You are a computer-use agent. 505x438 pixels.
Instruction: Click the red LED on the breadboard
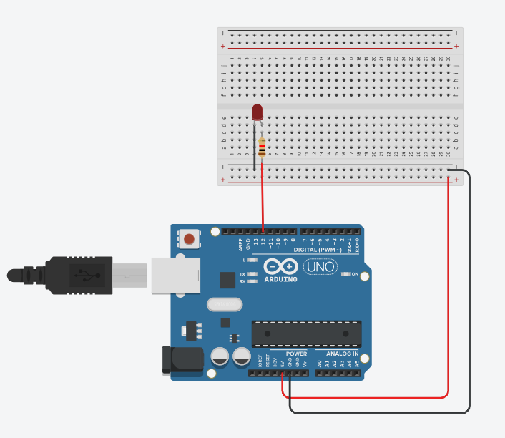click(258, 112)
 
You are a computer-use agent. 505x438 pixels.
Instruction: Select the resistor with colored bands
click(262, 148)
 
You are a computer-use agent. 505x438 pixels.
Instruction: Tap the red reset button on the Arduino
click(190, 238)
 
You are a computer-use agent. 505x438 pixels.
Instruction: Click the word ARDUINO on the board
click(280, 279)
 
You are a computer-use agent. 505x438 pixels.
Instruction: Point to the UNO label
click(320, 267)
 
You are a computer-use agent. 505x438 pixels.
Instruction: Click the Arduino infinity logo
click(280, 266)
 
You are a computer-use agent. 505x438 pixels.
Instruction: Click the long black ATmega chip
click(306, 334)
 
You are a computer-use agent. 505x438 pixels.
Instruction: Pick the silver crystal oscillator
click(222, 305)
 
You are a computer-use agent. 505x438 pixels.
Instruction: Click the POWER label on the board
click(296, 354)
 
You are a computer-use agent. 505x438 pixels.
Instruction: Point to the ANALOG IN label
click(342, 354)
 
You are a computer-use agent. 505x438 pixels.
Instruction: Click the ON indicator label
click(354, 274)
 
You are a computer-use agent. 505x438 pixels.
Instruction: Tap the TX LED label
click(242, 275)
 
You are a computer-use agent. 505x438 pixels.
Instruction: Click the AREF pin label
click(241, 245)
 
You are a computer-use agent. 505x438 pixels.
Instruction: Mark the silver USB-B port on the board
click(174, 276)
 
